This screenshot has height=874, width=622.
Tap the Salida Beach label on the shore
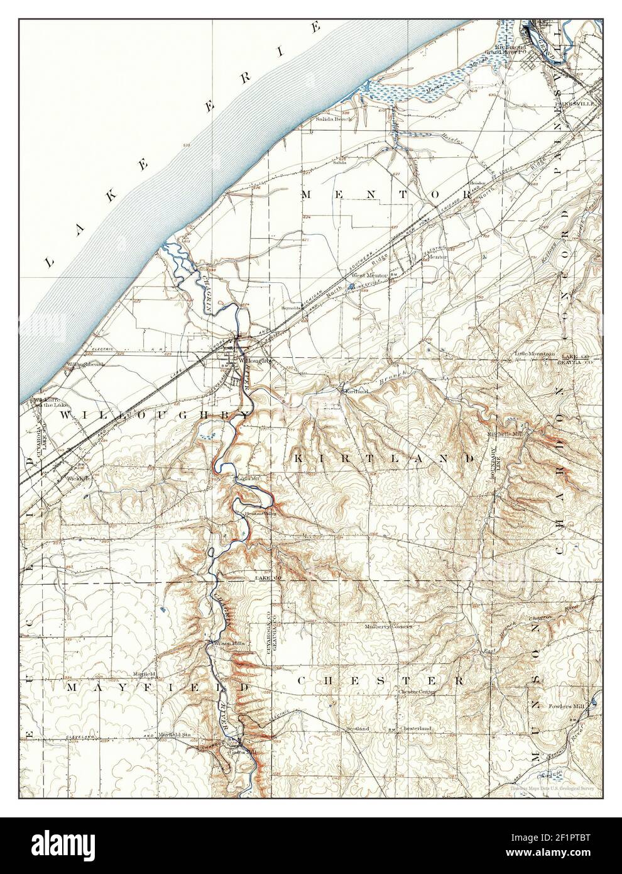pos(337,119)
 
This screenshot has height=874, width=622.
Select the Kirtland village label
pos(354,390)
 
